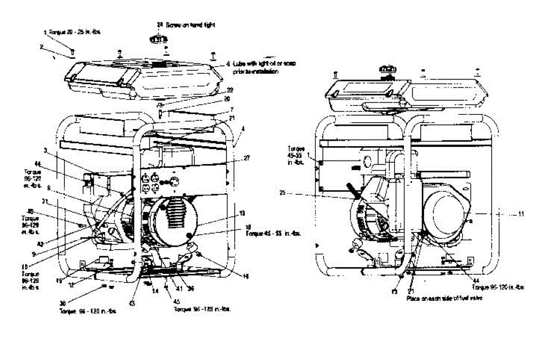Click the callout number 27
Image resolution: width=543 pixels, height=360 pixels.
247,159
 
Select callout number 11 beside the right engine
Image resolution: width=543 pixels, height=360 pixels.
521,214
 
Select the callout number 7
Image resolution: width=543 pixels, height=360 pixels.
232,110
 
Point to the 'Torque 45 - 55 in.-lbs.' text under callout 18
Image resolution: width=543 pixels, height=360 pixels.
272,234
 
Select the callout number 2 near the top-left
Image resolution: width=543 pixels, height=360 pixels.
41,46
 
